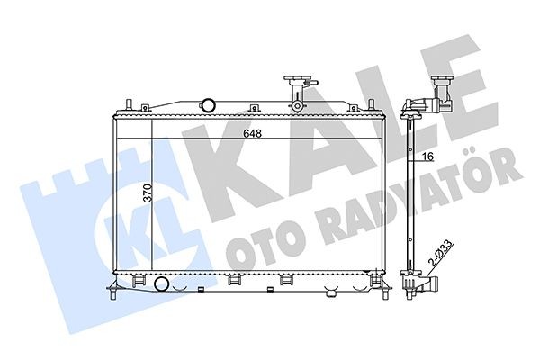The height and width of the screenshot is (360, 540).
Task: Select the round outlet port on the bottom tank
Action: click(x=161, y=285)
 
